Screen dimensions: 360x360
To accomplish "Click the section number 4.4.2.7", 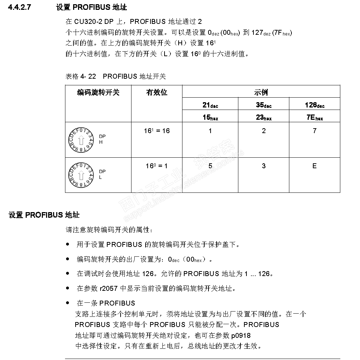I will [x=19, y=7].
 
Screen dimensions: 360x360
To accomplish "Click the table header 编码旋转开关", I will [x=98, y=92].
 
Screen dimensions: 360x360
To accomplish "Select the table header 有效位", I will [x=156, y=92].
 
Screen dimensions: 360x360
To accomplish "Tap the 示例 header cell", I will [x=261, y=92].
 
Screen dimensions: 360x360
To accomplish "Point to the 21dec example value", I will [x=210, y=105].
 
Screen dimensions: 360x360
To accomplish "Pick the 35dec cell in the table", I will [x=264, y=105].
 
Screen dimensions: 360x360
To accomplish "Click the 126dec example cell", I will [x=315, y=105].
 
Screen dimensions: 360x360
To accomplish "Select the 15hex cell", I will [x=210, y=118].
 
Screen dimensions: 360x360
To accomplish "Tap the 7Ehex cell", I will [x=315, y=118].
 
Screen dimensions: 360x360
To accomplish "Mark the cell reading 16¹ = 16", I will [x=156, y=131].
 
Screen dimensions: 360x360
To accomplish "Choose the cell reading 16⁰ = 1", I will [x=156, y=166].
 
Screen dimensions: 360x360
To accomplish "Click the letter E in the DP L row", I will [x=315, y=166].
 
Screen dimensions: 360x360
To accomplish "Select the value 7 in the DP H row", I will [x=315, y=131].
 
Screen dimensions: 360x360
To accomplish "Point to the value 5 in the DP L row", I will [x=210, y=166].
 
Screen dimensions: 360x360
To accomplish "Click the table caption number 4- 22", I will [x=87, y=76].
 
